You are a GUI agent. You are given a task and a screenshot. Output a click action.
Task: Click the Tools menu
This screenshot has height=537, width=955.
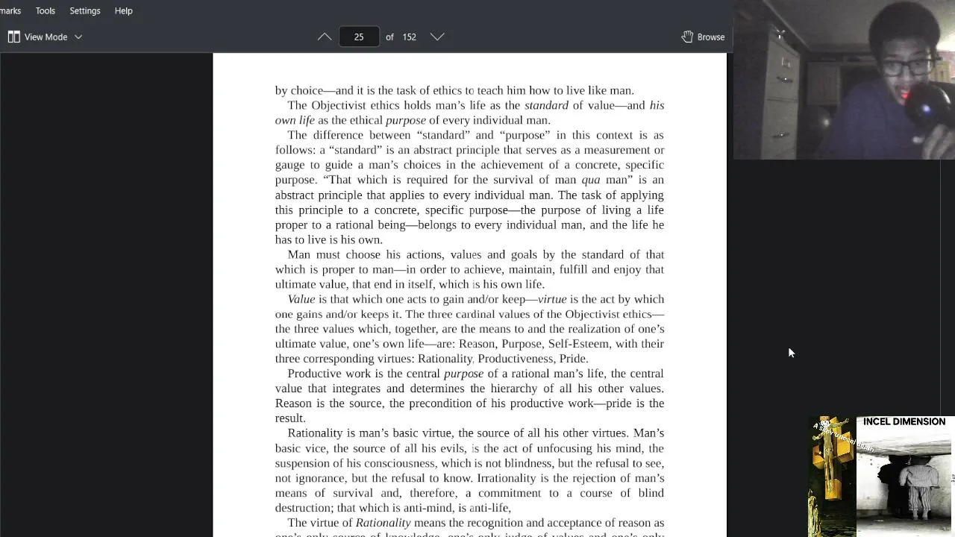[x=45, y=11]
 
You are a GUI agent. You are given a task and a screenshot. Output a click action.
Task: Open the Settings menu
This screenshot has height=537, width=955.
[x=84, y=11]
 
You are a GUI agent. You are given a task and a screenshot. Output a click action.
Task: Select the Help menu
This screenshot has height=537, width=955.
[x=123, y=11]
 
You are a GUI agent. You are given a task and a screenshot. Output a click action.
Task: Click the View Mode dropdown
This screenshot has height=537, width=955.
[x=46, y=37]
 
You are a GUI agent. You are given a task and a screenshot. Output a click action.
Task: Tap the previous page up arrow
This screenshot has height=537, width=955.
[x=325, y=37]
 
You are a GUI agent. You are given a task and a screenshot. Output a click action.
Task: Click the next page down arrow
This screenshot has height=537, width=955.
[x=437, y=37]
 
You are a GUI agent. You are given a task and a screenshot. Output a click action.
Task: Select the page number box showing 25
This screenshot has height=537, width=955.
[x=359, y=37]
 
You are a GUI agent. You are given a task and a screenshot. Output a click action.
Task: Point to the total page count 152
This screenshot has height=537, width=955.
[x=409, y=37]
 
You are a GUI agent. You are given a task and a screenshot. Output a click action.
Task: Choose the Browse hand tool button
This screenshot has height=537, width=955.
[x=703, y=37]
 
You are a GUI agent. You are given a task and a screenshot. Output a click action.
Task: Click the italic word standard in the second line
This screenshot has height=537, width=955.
[x=546, y=105]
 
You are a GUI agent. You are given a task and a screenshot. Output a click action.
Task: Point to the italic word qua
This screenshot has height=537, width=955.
[x=590, y=180]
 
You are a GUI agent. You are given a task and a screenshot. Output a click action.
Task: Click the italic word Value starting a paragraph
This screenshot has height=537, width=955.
[x=301, y=299]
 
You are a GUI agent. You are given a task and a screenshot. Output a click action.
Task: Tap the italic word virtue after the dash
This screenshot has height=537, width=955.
[x=552, y=299]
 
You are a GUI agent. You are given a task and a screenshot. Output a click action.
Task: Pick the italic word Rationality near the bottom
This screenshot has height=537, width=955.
[x=383, y=523]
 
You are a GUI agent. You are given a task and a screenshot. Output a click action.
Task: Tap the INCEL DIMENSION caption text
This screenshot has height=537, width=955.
[x=904, y=421]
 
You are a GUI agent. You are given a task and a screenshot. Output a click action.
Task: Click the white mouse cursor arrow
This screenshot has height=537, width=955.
[x=791, y=352]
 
